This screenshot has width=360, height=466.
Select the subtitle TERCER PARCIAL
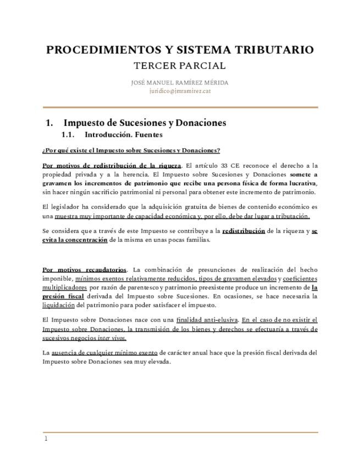[180, 66]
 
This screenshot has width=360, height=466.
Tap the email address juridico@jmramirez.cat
[180, 91]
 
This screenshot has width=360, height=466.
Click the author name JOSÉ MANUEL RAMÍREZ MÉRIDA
[180, 83]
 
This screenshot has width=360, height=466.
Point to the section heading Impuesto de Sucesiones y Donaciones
[145, 123]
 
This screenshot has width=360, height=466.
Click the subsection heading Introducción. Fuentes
[124, 135]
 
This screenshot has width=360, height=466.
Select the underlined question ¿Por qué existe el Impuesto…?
[131, 151]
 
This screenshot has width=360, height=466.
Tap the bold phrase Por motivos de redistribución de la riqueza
[112, 165]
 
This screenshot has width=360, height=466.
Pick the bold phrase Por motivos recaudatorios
[84, 270]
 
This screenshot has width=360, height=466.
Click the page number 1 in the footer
[46, 439]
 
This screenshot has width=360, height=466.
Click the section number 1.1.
[68, 135]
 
